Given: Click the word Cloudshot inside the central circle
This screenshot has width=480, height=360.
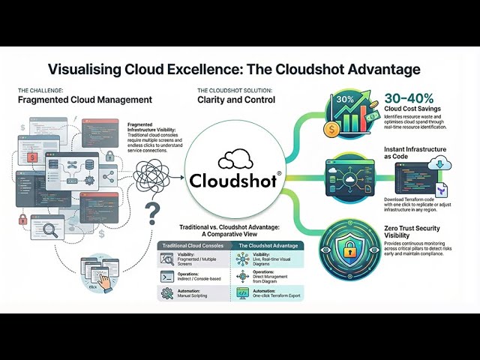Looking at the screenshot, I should (235, 180).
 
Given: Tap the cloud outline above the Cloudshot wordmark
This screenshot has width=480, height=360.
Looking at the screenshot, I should (235, 160).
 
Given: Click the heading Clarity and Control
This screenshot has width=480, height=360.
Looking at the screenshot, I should (235, 99).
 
